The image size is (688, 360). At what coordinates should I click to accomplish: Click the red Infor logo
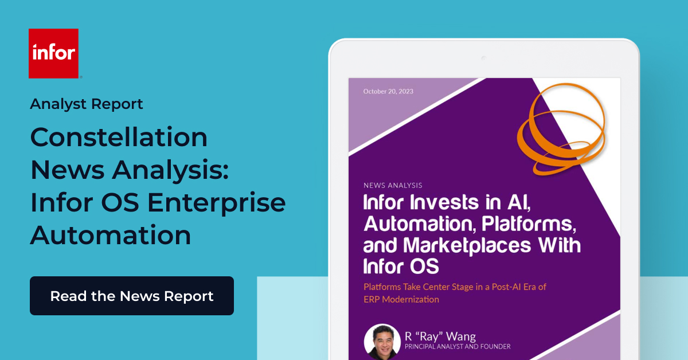click(x=53, y=53)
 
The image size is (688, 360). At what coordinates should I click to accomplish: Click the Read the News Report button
click(x=131, y=296)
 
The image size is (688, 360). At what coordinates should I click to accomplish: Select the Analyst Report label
click(x=87, y=104)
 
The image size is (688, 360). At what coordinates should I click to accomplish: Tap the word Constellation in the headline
click(x=119, y=138)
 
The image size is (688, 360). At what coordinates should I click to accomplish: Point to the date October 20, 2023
click(x=388, y=91)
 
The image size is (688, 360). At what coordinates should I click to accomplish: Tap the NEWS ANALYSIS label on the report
click(x=393, y=185)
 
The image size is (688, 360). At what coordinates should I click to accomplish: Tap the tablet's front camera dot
click(x=483, y=58)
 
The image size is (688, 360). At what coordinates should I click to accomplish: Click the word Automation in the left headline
click(x=111, y=236)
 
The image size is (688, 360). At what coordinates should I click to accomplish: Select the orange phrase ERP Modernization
click(x=401, y=299)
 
